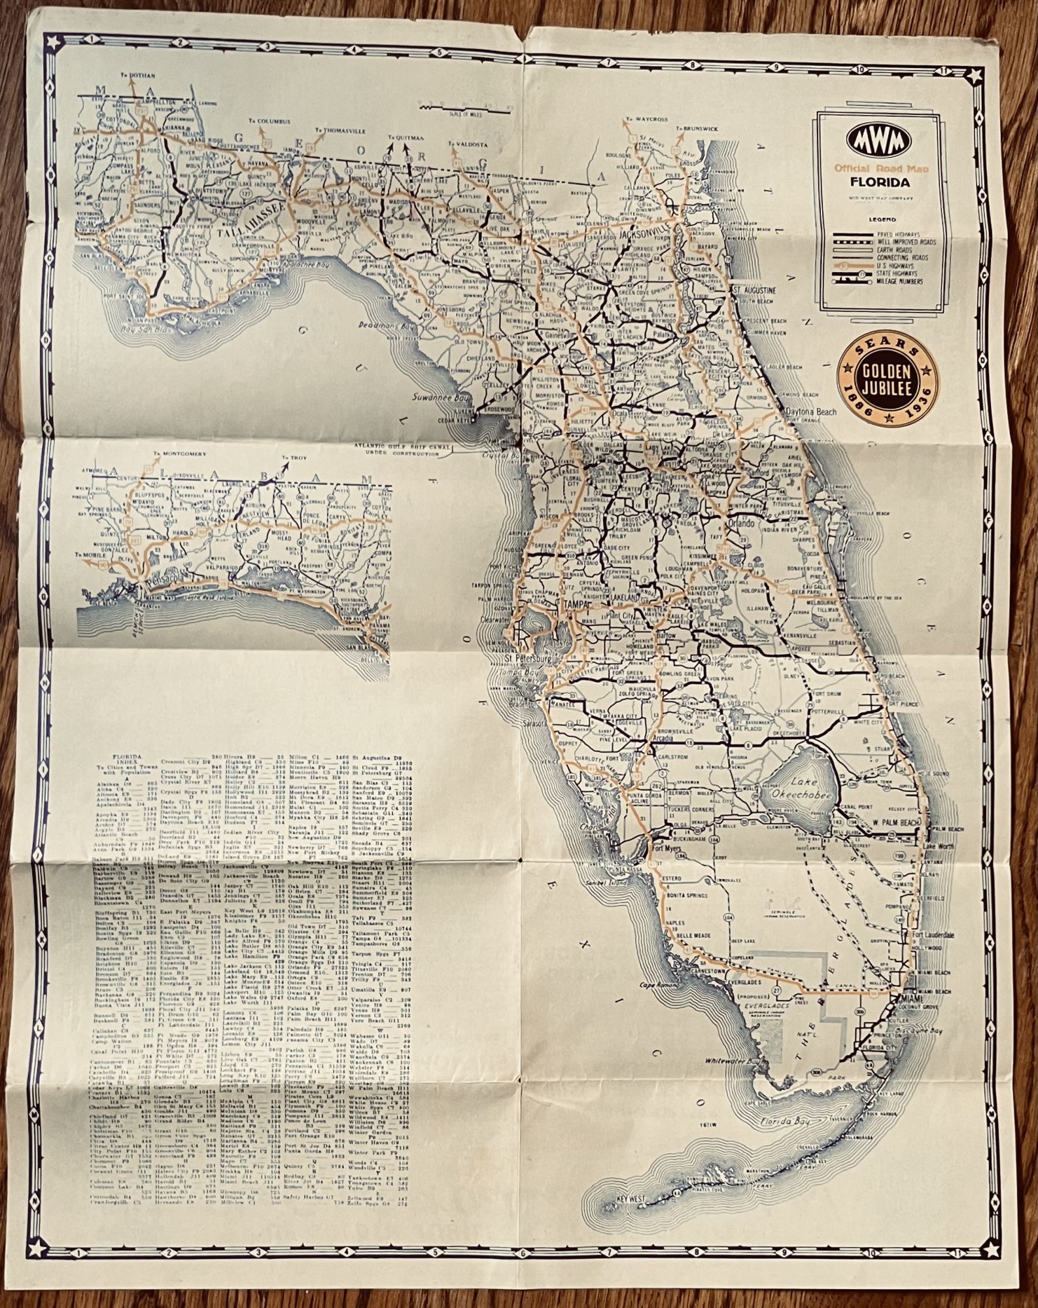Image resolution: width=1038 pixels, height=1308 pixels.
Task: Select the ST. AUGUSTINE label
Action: coord(754,289)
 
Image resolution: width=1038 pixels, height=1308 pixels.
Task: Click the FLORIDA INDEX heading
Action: coord(114,755)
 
